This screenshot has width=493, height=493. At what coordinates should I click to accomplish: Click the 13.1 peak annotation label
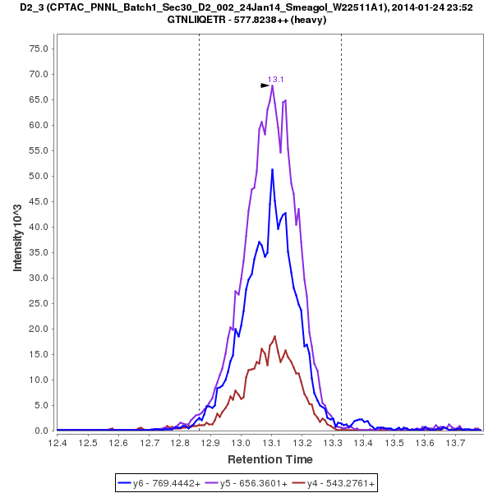[x=275, y=80]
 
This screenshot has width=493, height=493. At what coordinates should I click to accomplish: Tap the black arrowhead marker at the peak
[x=265, y=85]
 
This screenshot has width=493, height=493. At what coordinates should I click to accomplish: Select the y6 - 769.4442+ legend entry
[x=160, y=483]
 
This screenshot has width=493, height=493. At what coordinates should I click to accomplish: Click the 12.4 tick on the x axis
[x=58, y=444]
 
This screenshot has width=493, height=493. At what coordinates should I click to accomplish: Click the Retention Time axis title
[x=270, y=458]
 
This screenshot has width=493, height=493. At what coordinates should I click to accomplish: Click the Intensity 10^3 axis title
[x=17, y=238]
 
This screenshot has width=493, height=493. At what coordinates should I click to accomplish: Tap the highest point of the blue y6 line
[x=272, y=169]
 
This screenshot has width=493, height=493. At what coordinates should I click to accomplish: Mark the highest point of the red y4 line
[x=275, y=336]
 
